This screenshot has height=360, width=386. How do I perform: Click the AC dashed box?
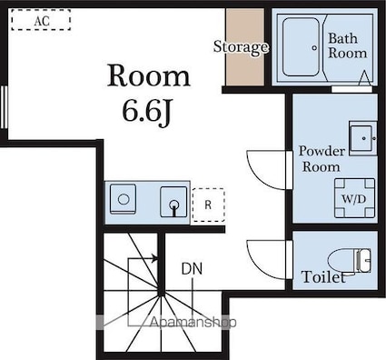(41, 20)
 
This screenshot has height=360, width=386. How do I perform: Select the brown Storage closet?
(245, 47)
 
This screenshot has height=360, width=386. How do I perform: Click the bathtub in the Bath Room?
(301, 46)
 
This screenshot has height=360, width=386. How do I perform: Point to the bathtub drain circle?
(314, 47)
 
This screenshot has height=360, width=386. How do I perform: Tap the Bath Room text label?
(347, 46)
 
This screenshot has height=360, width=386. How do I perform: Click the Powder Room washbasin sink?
(362, 138)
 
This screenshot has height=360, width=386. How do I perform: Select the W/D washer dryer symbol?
(354, 198)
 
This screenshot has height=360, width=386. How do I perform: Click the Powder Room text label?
(322, 159)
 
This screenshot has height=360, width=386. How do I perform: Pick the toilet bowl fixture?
(350, 261)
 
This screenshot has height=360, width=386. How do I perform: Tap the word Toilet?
(323, 277)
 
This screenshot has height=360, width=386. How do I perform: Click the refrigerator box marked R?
(208, 205)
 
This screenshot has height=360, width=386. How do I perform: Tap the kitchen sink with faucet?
(173, 202)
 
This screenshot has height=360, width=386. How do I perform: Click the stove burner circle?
(124, 200)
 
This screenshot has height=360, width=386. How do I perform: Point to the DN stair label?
(192, 269)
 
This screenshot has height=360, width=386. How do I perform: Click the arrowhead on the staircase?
(155, 259)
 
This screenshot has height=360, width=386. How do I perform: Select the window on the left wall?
(4, 107)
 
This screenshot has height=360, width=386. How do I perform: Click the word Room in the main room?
(149, 75)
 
